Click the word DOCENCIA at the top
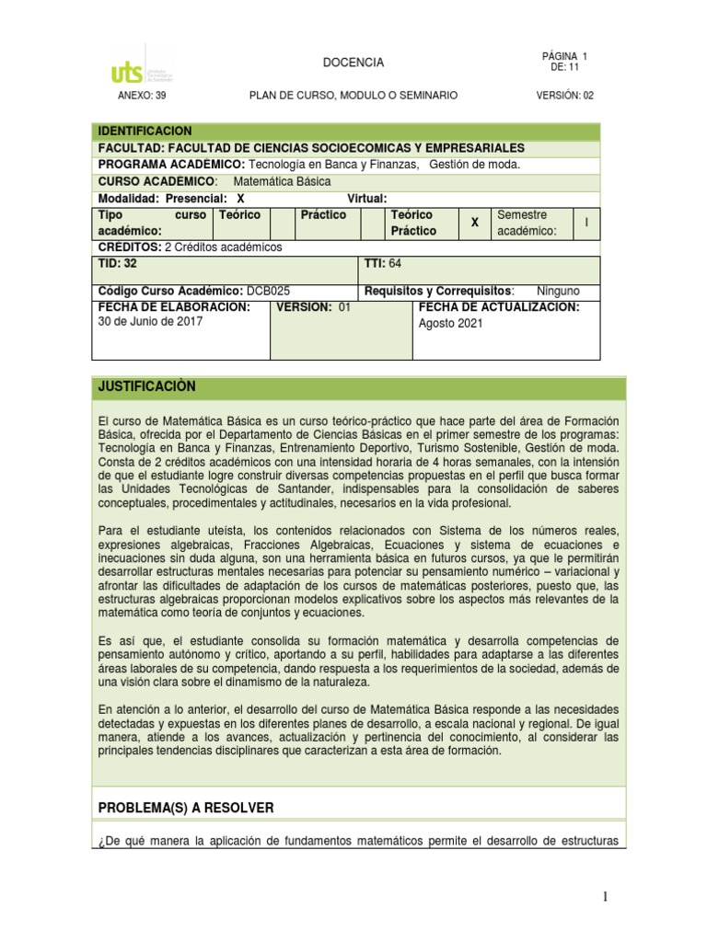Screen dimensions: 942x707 click(353, 63)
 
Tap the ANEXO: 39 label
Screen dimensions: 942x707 click(144, 96)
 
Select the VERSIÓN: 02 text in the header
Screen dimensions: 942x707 click(564, 96)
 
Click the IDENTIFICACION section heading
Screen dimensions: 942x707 click(145, 132)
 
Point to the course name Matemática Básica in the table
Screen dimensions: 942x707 click(276, 181)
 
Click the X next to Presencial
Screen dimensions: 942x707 click(240, 198)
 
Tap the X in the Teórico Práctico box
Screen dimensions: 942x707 click(475, 223)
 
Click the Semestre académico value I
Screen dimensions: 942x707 click(585, 223)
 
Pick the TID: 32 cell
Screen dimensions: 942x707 click(117, 264)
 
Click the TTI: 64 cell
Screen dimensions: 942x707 click(384, 264)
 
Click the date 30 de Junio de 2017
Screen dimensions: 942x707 click(150, 322)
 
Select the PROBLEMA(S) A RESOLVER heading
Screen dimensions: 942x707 click(186, 807)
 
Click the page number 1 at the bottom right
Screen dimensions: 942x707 click(605, 898)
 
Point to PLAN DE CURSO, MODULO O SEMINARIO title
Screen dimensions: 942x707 click(353, 96)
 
